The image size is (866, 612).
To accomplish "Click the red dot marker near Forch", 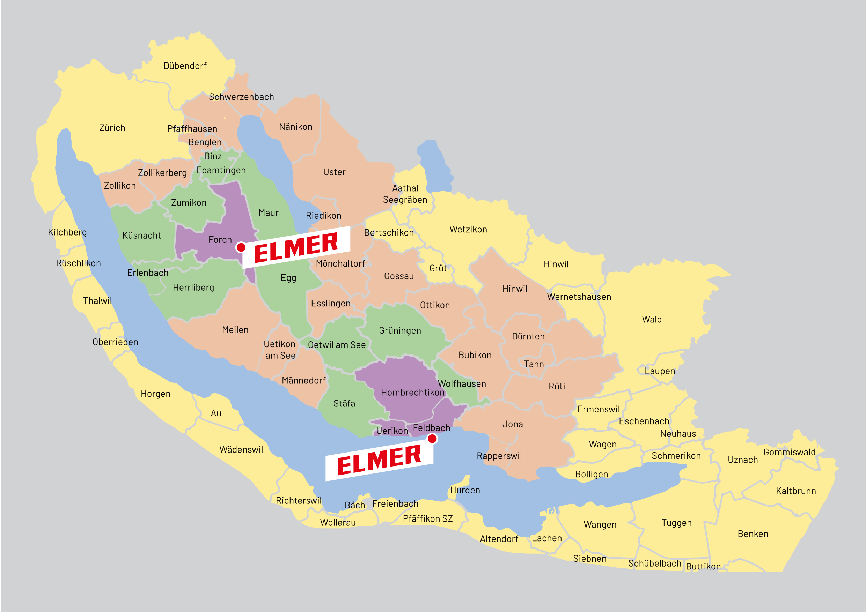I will tap(241, 247).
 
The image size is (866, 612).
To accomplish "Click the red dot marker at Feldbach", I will tap(432, 439).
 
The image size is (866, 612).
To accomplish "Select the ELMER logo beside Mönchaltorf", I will tap(296, 247).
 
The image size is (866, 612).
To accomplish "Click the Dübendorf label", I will tap(185, 66).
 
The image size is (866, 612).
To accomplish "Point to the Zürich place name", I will tap(112, 128).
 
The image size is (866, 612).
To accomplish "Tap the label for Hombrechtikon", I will tap(412, 393).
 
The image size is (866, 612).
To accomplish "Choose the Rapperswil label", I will tap(499, 456).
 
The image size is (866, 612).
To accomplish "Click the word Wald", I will tap(652, 320).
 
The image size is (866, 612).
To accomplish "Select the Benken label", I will tap(753, 534).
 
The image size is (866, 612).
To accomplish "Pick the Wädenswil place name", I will tap(241, 449).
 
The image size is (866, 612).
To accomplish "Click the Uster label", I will tap(334, 172).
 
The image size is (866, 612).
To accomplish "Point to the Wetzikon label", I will tap(468, 230).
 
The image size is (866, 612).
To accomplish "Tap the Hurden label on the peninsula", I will tap(465, 490).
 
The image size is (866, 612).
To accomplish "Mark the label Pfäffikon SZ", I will tap(427, 519).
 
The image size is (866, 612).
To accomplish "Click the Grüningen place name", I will tap(400, 330).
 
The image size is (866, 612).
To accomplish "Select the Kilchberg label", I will tap(67, 232).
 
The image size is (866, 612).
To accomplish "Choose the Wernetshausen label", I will tap(579, 297).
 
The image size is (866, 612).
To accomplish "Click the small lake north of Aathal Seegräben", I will tap(434, 166).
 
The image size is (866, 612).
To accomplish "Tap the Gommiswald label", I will tap(790, 452).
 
